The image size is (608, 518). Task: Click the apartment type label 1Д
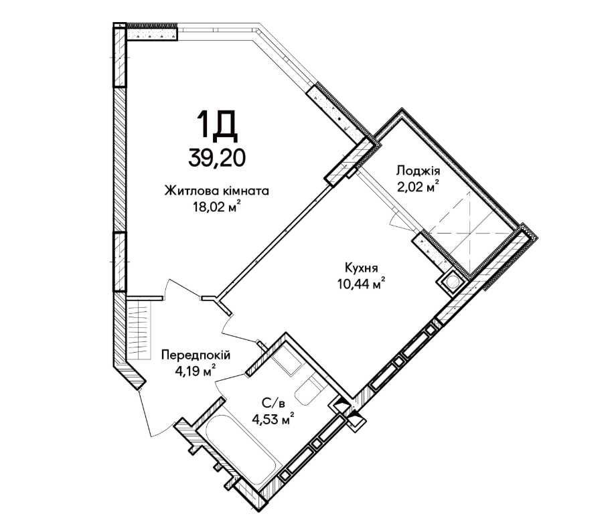pyautogui.click(x=217, y=124)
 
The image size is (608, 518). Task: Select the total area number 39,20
pyautogui.click(x=217, y=158)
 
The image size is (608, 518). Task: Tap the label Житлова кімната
pyautogui.click(x=217, y=191)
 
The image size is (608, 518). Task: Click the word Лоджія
pyautogui.click(x=418, y=171)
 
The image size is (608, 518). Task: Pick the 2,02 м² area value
pyautogui.click(x=418, y=186)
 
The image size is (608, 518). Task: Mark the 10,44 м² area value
pyautogui.click(x=362, y=284)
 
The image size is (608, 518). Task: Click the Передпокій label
pyautogui.click(x=196, y=355)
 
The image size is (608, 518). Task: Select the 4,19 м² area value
pyautogui.click(x=196, y=371)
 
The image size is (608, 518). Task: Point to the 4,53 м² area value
pyautogui.click(x=273, y=419)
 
